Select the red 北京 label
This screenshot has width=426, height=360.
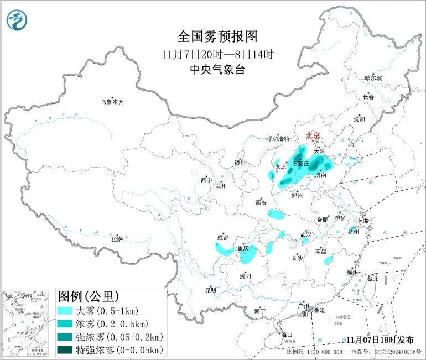coord(313,135)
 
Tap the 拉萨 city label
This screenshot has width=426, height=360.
coord(117,239)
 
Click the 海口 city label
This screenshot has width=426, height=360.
coord(286,335)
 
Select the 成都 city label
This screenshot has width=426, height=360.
coord(222,238)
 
